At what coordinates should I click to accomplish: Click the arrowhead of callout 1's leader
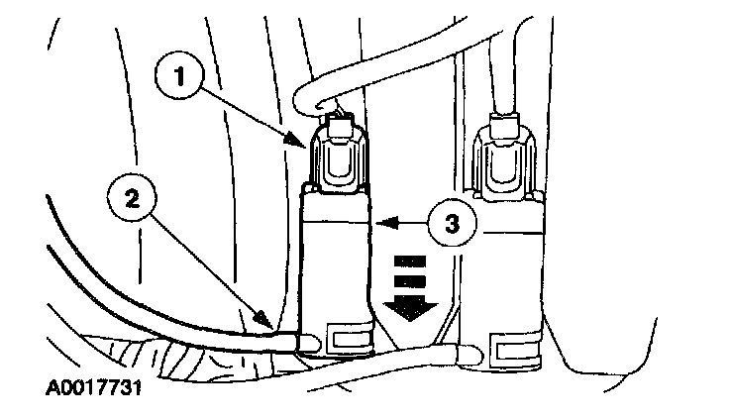tap(300, 139)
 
